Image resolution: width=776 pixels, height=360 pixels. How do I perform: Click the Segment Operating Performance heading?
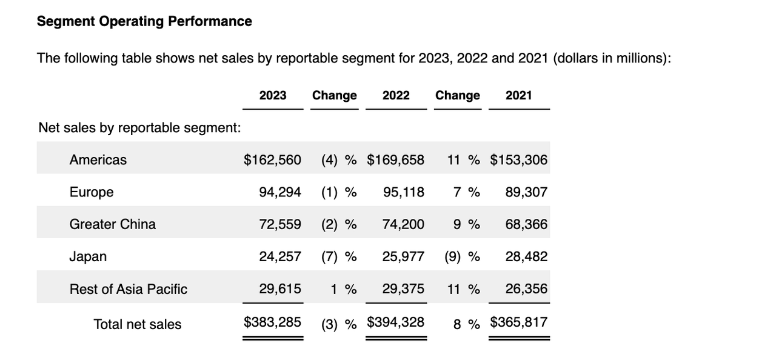144,21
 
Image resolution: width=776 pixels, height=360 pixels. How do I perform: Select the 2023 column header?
273,95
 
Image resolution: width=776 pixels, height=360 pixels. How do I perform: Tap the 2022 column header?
396,95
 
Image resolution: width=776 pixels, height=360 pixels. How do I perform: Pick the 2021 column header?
518,95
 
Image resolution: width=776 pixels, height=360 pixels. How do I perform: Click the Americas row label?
98,160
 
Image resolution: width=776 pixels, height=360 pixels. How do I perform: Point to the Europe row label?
92,192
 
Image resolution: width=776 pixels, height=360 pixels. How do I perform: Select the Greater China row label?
113,224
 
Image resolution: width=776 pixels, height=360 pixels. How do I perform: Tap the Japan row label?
88,256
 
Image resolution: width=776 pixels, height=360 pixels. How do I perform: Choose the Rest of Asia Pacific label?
129,289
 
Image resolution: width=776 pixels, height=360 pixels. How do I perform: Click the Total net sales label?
138,324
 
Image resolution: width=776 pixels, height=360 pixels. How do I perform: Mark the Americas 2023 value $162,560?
272,160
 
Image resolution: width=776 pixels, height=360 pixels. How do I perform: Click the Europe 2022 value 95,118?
404,192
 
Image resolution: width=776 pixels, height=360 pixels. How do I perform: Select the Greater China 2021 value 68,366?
526,224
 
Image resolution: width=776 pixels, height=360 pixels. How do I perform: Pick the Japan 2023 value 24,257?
280,256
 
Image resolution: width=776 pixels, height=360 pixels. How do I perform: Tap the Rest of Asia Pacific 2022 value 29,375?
404,289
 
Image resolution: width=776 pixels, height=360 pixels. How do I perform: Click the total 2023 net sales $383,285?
272,322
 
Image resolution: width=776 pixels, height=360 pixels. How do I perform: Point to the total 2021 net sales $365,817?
518,322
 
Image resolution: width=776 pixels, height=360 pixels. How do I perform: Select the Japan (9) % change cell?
462,256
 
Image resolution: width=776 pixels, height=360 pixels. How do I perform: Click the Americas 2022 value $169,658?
395,160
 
